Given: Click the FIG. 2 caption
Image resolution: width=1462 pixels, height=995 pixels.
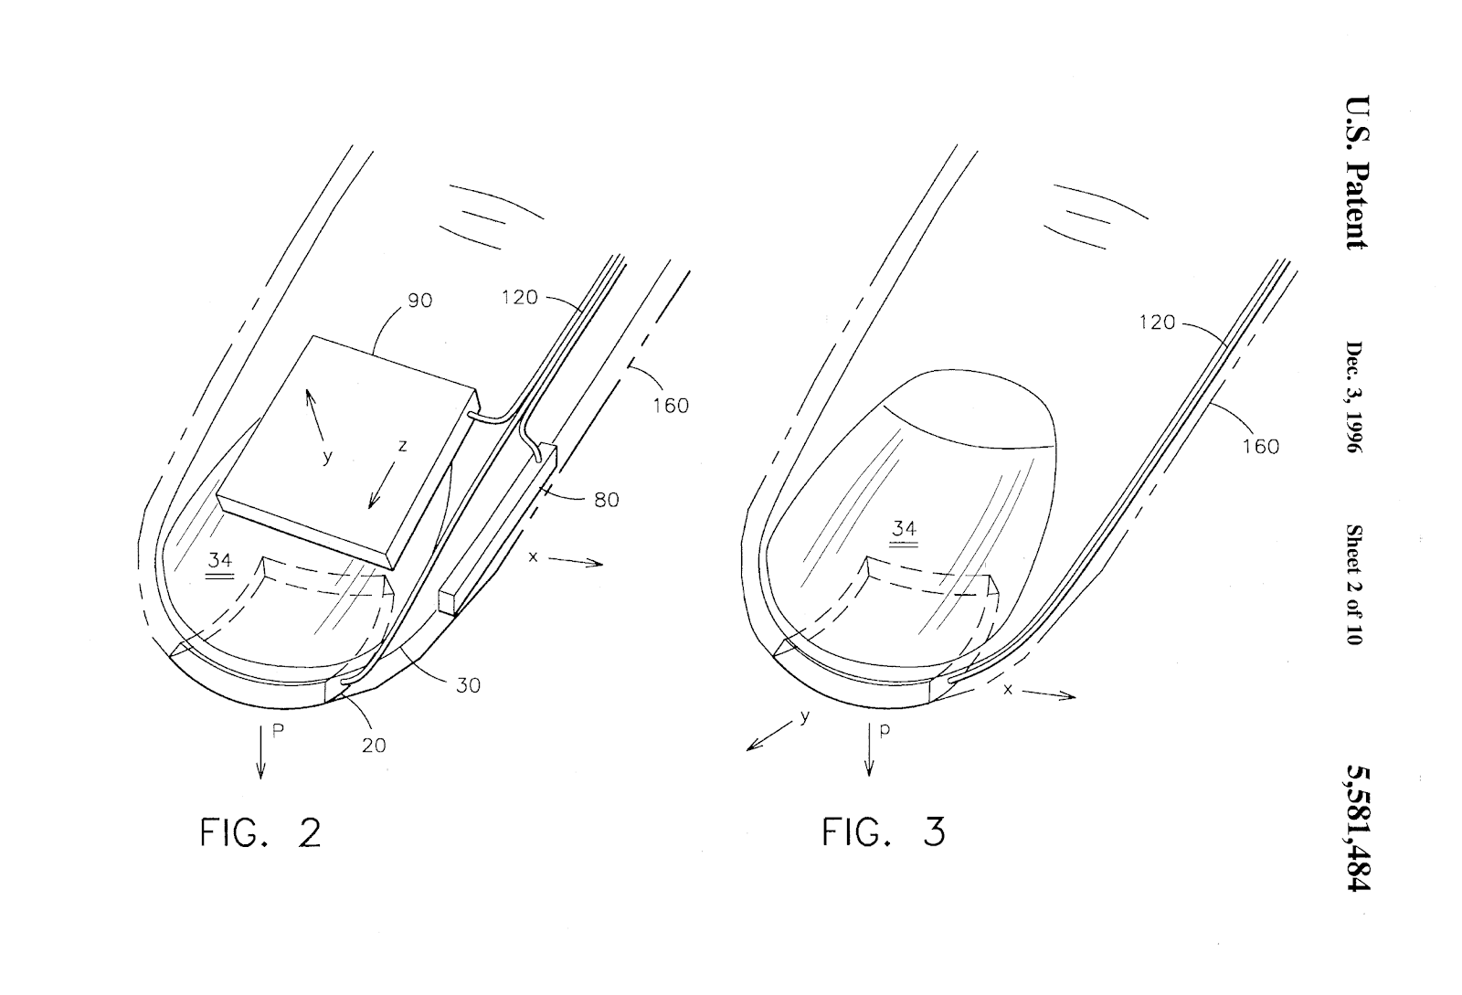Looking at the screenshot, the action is (x=260, y=832).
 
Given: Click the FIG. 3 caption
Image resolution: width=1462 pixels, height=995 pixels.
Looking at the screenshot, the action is (x=883, y=831).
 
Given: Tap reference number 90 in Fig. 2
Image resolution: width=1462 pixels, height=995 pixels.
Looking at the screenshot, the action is (x=419, y=301).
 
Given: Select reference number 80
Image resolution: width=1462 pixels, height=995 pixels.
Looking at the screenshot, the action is (x=607, y=500).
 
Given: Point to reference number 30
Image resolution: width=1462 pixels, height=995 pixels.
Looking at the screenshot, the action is (x=468, y=685).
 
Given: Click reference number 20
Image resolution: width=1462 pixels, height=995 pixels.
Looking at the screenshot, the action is (x=374, y=746).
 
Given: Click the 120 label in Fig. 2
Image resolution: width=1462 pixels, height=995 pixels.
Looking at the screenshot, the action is (x=520, y=298).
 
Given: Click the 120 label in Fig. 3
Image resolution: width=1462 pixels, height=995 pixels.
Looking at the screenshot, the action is (x=1157, y=323).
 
